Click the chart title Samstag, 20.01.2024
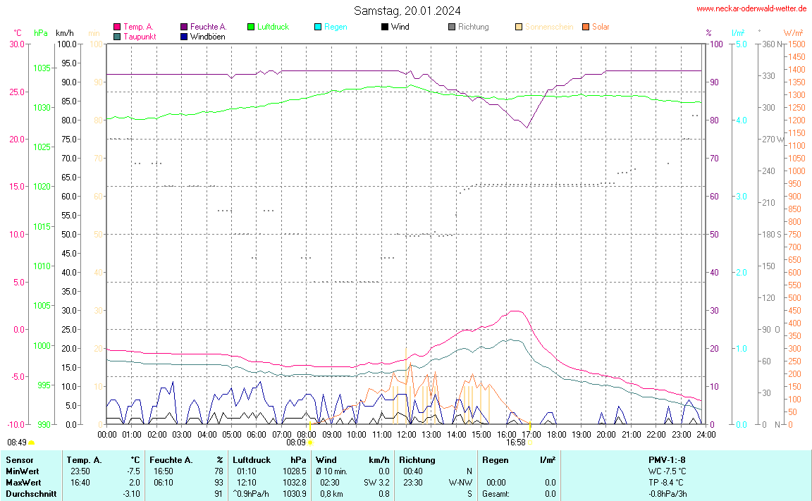click(x=407, y=11)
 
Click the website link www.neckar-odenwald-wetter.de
click(x=751, y=8)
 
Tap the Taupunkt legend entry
click(x=140, y=37)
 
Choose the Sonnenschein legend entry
click(x=549, y=27)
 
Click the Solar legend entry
click(x=601, y=27)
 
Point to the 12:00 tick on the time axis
click(x=407, y=434)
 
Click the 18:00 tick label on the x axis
click(x=556, y=434)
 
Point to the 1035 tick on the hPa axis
click(x=42, y=68)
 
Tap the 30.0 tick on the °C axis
click(x=16, y=44)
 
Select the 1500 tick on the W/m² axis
click(x=796, y=44)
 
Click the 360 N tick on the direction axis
click(x=769, y=44)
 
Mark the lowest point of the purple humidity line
click(x=527, y=128)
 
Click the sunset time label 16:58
click(x=515, y=443)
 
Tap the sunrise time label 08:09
click(x=296, y=443)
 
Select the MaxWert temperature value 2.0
click(x=133, y=483)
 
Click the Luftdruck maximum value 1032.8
click(x=295, y=483)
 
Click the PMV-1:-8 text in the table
click(x=667, y=460)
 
